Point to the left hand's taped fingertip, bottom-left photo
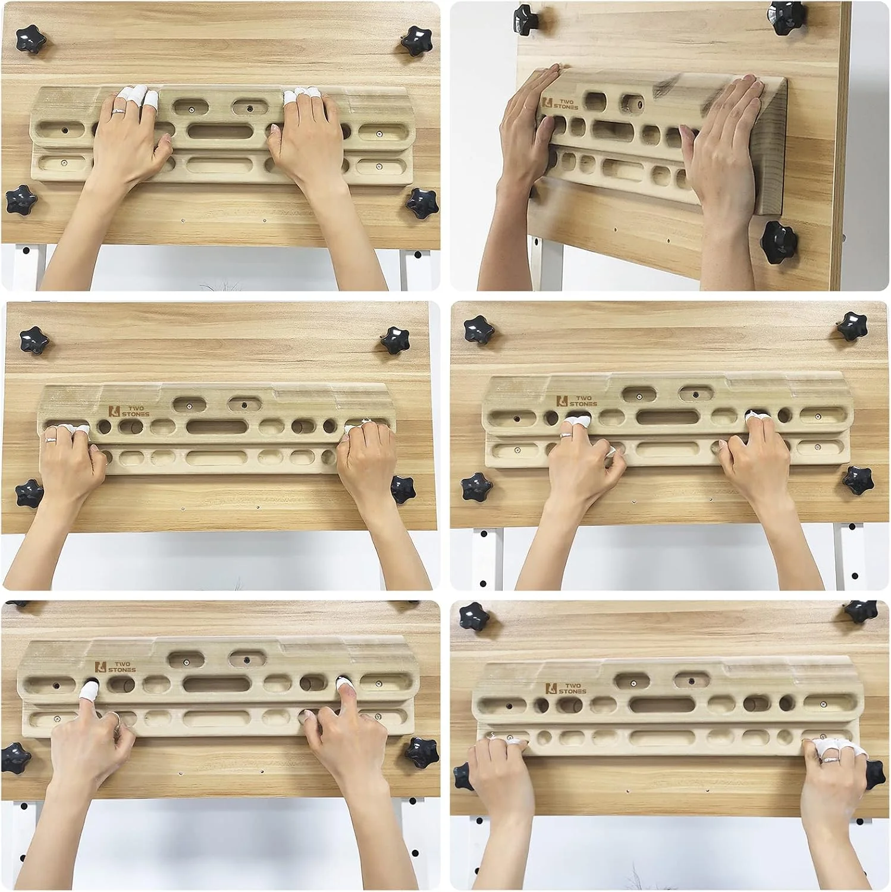[90, 690]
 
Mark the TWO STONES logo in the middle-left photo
[129, 410]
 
